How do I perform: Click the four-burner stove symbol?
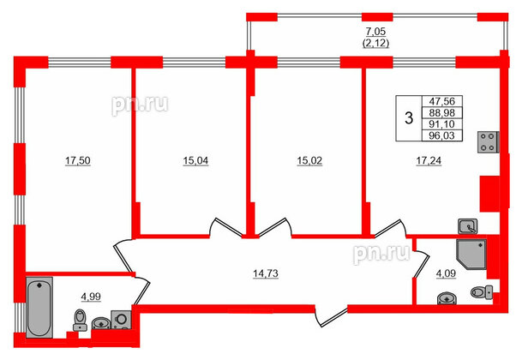[489, 141]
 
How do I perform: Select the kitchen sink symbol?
[467, 226]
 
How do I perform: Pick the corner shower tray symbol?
[471, 255]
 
